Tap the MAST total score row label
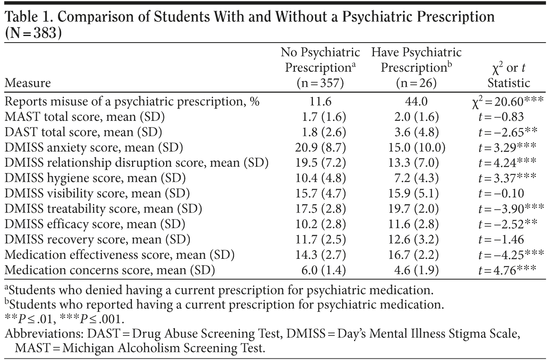(x=85, y=118)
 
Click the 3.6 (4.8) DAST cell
(x=416, y=133)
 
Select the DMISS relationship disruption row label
(x=136, y=163)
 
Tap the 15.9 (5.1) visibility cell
(x=416, y=193)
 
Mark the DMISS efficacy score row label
(x=95, y=224)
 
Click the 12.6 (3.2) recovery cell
(x=416, y=239)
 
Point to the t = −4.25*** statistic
(x=511, y=254)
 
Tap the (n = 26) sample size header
(x=416, y=83)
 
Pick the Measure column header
(x=28, y=83)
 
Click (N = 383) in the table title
(x=33, y=32)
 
